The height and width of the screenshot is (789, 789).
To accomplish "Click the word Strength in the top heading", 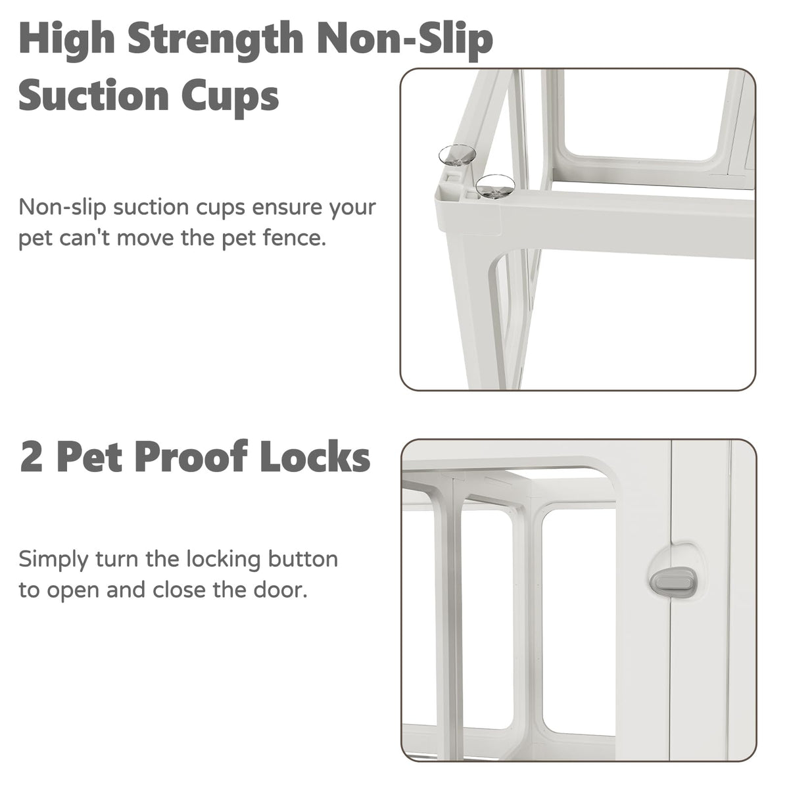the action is click(x=216, y=39).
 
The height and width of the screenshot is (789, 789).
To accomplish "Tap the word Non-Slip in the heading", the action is click(x=406, y=39).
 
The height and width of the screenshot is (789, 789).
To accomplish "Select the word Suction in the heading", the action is click(x=94, y=96).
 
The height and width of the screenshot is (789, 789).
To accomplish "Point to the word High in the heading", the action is click(x=66, y=39).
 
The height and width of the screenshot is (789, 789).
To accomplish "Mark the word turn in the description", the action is click(x=116, y=560).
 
